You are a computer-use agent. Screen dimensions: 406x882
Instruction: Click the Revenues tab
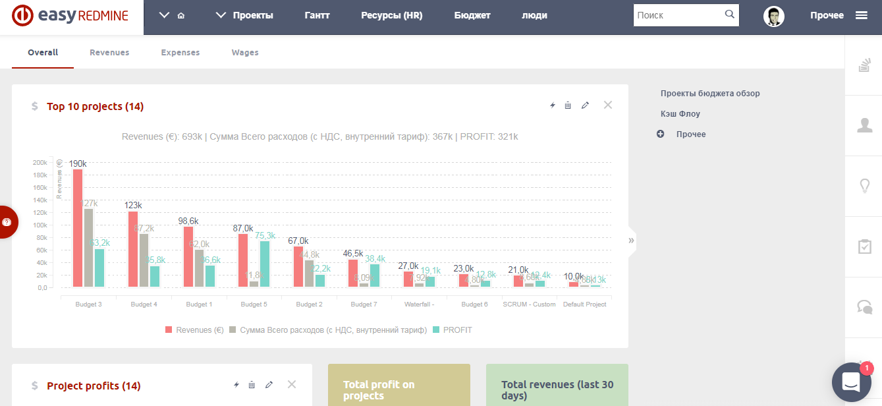coord(109,53)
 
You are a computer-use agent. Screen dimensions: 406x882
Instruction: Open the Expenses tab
coord(180,53)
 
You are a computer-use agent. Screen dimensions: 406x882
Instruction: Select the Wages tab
coord(245,53)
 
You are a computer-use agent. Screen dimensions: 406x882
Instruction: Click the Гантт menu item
coord(317,15)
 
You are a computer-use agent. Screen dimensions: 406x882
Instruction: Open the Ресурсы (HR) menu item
coord(392,15)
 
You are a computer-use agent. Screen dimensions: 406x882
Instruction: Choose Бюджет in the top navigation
coord(472,15)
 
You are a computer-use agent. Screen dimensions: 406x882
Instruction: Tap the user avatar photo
coord(774,16)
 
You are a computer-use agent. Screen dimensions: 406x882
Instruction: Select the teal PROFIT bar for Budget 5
coord(265,264)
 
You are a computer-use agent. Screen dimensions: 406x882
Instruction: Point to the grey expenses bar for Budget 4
coord(144,260)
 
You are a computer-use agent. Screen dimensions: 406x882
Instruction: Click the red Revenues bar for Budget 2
coord(298,266)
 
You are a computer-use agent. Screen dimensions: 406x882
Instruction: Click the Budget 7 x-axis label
coord(364,304)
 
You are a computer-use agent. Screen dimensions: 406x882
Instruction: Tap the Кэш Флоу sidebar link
coord(680,114)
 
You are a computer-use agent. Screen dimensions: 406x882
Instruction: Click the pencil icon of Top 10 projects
coord(585,106)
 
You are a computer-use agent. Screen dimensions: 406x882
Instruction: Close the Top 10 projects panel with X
coord(608,105)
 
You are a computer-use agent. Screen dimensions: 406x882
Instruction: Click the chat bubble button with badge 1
coord(851,382)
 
